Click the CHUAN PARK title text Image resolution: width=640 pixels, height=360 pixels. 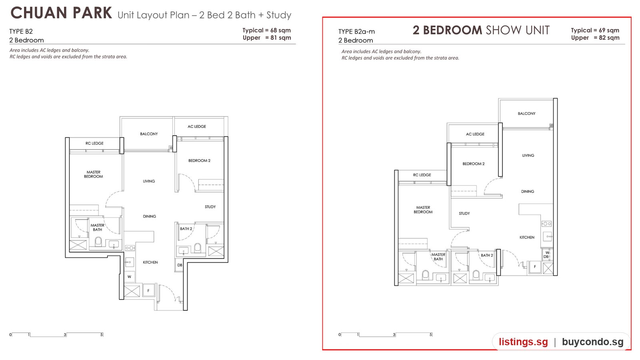tap(61, 13)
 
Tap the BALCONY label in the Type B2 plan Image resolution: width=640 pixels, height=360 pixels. tap(149, 134)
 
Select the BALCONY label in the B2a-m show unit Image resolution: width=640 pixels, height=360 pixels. tap(526, 114)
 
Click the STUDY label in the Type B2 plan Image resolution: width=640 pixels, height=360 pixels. tap(210, 206)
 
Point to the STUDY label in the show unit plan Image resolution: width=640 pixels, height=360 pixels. tap(464, 214)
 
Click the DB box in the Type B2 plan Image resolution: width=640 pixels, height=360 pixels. tap(179, 265)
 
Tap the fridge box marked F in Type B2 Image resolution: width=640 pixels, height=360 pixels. tap(148, 290)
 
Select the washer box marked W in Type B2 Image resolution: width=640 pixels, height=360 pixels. tap(130, 276)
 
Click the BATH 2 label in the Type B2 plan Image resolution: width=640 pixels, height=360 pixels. tap(186, 228)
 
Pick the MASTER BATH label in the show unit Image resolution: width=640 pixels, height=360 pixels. tap(438, 257)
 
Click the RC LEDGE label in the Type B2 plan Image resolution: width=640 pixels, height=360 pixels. tap(94, 143)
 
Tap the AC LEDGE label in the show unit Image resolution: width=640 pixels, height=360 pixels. tap(475, 134)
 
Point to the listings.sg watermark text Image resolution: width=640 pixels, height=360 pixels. tap(524, 342)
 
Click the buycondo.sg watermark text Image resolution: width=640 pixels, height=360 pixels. tap(592, 342)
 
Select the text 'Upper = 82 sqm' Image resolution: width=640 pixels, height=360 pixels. tap(595, 38)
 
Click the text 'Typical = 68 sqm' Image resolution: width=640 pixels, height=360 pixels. tap(266, 30)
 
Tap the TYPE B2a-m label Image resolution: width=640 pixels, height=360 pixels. tap(356, 32)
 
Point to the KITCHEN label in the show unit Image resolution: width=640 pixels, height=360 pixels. tap(527, 237)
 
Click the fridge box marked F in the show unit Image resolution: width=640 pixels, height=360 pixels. tap(534, 267)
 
